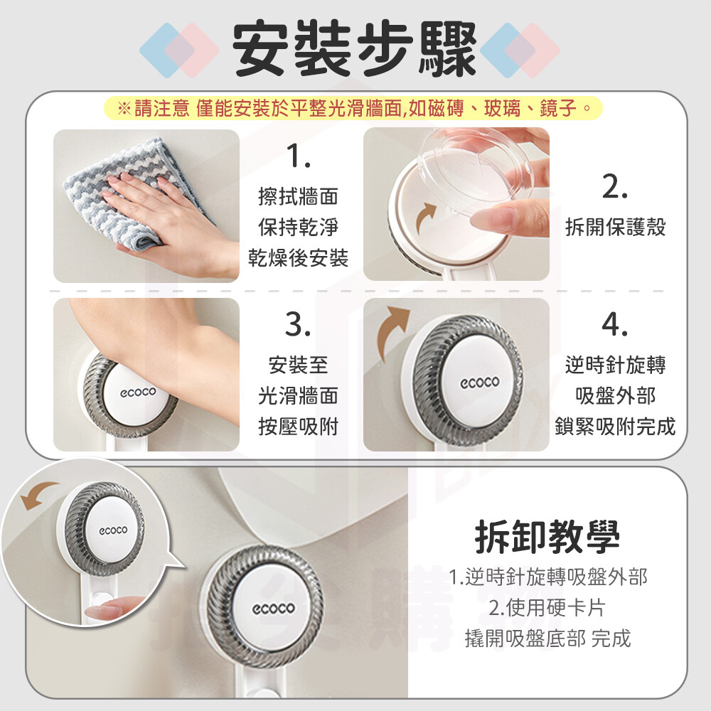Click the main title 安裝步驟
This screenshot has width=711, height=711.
354,48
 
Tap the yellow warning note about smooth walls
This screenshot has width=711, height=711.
353,108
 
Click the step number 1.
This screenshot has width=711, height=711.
299,156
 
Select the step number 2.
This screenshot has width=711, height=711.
615,187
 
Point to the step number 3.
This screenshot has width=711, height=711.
299,325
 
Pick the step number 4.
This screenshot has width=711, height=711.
615,325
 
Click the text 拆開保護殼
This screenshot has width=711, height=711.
615,227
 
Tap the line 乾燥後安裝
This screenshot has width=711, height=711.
299,258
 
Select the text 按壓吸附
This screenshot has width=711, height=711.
299,427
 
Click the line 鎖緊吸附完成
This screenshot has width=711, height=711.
615,427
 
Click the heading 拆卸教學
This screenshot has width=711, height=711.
547,537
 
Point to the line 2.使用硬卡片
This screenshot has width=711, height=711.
547,608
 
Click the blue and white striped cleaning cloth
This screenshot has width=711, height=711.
136,191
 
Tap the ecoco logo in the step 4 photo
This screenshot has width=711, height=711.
480,383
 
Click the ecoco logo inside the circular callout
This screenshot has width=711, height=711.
113,530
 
